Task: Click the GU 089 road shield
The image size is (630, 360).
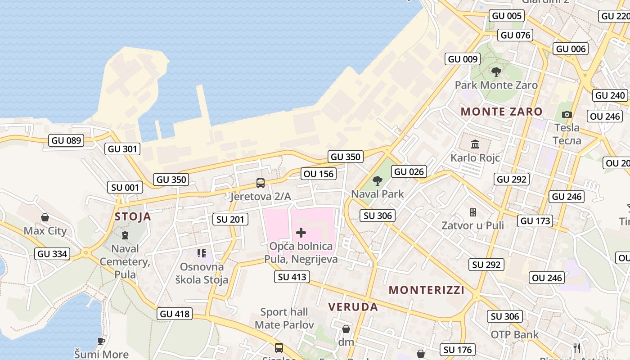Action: [67, 140]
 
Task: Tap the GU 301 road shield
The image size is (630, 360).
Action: [122, 148]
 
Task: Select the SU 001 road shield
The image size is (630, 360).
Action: [125, 187]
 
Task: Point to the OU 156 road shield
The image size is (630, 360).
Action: [319, 174]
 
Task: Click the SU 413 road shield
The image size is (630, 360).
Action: [292, 277]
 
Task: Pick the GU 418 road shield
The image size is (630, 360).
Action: [175, 314]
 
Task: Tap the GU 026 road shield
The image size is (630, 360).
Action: [409, 171]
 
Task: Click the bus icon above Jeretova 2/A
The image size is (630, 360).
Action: [261, 183]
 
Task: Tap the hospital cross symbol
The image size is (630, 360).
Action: [301, 233]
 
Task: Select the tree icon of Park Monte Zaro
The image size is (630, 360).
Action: [496, 72]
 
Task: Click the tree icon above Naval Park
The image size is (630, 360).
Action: [378, 181]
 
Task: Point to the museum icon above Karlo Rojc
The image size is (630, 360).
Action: [475, 144]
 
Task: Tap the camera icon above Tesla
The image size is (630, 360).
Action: [567, 114]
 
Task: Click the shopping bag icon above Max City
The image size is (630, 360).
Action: [45, 218]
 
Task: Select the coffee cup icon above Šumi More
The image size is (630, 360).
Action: [101, 341]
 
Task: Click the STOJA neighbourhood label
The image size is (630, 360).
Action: [133, 216]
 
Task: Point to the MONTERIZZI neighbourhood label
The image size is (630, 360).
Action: [427, 290]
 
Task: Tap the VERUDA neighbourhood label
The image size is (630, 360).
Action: [353, 307]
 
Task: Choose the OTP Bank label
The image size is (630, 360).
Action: [514, 334]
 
